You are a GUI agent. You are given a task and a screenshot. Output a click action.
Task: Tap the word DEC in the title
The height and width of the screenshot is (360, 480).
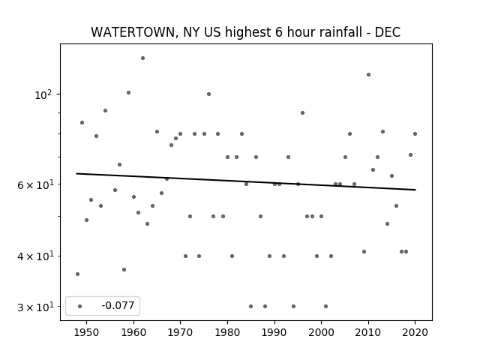(388, 32)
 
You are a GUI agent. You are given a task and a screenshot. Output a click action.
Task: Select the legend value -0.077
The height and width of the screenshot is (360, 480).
(118, 305)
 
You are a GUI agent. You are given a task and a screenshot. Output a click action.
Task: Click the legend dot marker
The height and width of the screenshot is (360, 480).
(80, 306)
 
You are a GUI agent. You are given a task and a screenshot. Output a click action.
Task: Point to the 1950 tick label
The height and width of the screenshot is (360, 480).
(87, 332)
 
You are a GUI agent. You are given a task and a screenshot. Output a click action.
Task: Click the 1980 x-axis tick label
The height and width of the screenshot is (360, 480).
(227, 332)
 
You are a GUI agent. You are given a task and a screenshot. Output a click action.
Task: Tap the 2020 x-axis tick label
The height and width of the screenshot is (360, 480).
(415, 332)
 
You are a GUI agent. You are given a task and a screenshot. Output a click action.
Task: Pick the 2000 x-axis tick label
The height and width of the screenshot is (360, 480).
(321, 332)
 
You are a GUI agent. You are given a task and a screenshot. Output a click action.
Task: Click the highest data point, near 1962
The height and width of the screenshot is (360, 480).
(142, 58)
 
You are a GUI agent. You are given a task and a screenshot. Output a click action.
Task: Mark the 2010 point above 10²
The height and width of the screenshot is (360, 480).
(368, 75)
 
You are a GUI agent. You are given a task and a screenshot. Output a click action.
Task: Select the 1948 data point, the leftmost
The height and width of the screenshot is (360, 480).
(77, 274)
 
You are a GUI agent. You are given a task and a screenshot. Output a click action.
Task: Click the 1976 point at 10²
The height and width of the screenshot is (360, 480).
(208, 94)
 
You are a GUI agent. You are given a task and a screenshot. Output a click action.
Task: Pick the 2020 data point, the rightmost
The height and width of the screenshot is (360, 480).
(415, 133)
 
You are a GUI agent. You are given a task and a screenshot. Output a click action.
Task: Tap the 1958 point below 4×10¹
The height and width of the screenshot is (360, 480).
(124, 270)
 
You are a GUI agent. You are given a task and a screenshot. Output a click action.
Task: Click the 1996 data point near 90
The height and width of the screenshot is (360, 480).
(302, 113)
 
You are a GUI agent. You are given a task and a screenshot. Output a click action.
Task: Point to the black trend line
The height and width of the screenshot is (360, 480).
(246, 181)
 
